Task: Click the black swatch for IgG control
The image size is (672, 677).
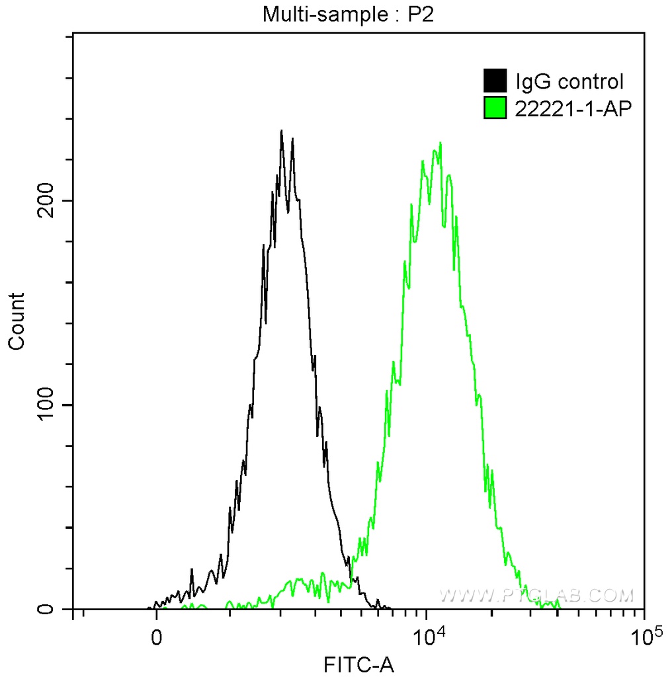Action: coord(495,81)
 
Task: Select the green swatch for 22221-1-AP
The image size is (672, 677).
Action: coord(495,107)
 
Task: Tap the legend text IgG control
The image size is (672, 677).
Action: coord(569,82)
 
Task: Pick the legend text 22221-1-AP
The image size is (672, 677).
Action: coord(569,108)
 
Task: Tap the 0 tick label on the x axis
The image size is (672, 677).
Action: coord(157,638)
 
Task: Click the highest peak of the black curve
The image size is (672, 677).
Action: coord(282,131)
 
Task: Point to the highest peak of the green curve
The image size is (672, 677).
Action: coord(437,143)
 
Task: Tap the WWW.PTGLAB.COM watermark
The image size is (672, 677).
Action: coord(536,596)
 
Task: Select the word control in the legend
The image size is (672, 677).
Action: coord(591,82)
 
